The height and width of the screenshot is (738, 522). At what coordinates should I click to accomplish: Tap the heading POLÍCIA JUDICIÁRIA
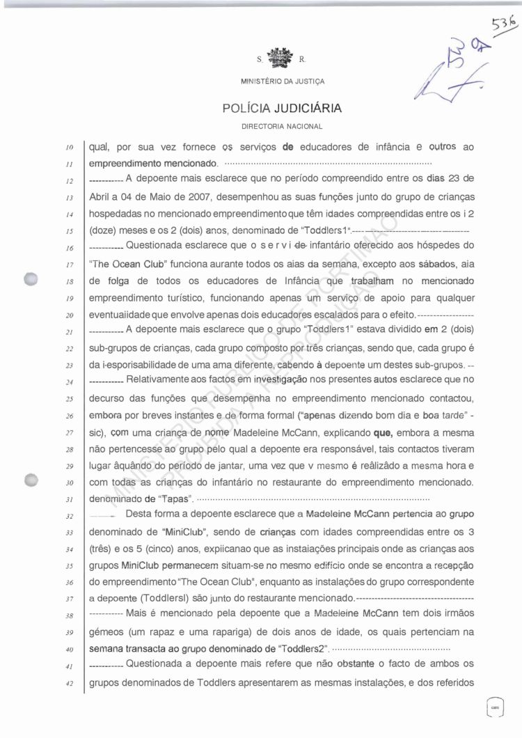pos(282,109)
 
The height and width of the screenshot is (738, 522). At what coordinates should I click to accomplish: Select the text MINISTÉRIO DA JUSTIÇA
pos(282,81)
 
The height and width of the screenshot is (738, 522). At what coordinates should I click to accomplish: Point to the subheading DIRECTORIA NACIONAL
pos(282,127)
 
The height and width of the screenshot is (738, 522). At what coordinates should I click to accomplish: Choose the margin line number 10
pos(71,148)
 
